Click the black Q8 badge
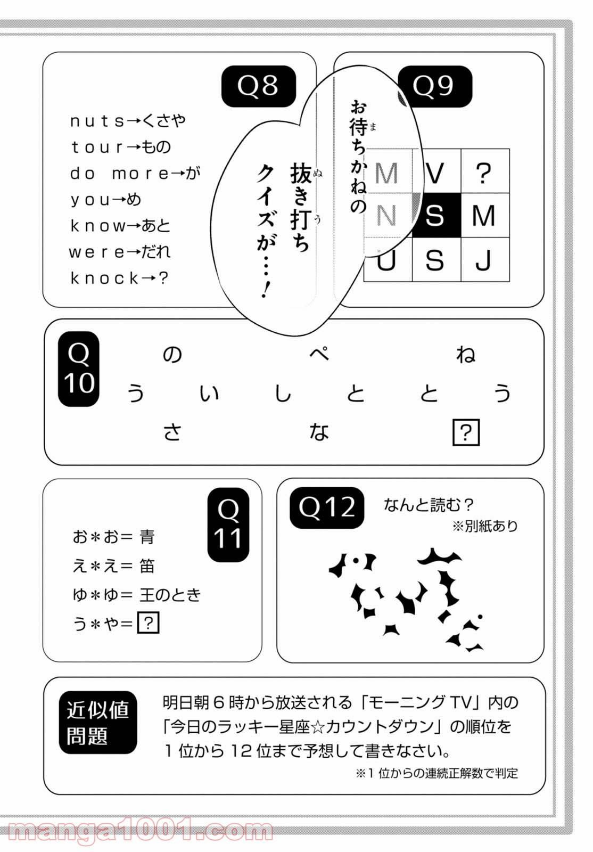[258, 86]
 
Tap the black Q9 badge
[434, 86]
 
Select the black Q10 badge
[79, 368]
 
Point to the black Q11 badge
[228, 525]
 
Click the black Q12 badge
[327, 507]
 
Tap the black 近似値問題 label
[98, 723]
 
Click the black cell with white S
[436, 216]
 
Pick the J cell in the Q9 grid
[484, 260]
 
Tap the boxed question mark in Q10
[466, 433]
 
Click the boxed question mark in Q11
[149, 622]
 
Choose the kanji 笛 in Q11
[147, 566]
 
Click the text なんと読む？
[429, 505]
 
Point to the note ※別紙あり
[484, 527]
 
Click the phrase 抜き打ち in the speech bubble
[300, 208]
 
